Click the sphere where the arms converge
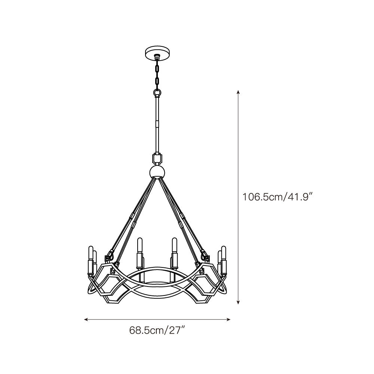point(157,172)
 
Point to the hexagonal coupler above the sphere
point(157,158)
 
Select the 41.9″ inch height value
point(299,197)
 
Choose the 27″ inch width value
point(176,331)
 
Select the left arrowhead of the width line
point(86,319)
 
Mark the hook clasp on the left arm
point(110,257)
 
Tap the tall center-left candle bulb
point(140,245)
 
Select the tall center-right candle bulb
point(174,245)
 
